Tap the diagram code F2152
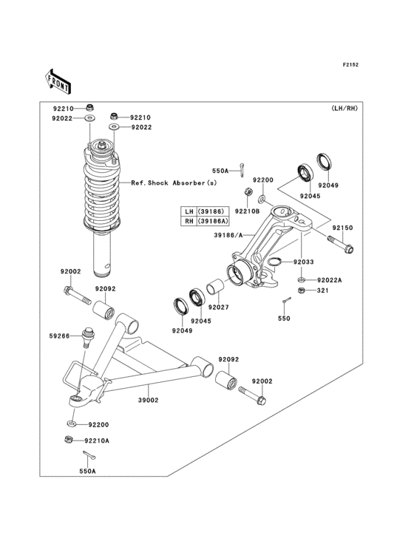(x=350, y=66)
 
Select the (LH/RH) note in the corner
(x=344, y=109)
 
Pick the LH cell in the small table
(x=189, y=211)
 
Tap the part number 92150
(x=342, y=228)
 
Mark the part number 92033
(x=303, y=262)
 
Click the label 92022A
(x=330, y=280)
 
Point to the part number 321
(x=322, y=291)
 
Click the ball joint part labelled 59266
(x=89, y=337)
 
